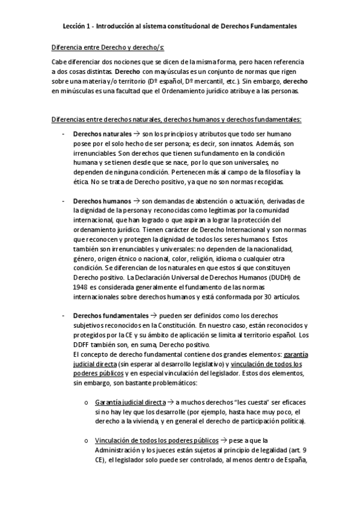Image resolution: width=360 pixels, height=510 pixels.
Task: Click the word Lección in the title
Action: coord(76,26)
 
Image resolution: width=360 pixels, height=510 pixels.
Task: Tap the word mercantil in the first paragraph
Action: coord(198,81)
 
